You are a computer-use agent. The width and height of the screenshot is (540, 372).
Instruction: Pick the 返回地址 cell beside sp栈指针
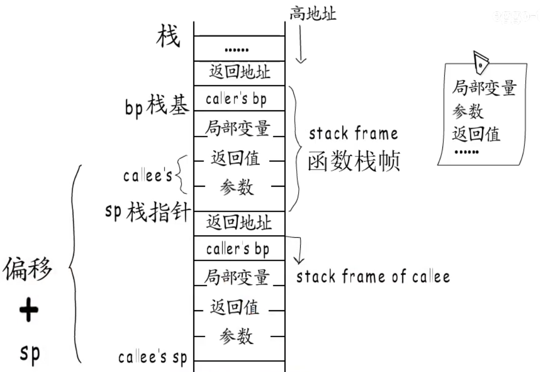pyautogui.click(x=239, y=223)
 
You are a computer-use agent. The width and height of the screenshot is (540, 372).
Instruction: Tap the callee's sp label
pyautogui.click(x=153, y=358)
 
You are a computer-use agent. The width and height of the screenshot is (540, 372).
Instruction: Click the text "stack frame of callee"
pyautogui.click(x=373, y=277)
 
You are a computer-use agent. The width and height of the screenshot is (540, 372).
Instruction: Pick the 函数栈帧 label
pyautogui.click(x=354, y=160)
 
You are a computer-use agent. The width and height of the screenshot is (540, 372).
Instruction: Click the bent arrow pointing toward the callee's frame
pyautogui.click(x=296, y=248)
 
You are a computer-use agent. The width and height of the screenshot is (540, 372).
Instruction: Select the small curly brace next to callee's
pyautogui.click(x=180, y=174)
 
